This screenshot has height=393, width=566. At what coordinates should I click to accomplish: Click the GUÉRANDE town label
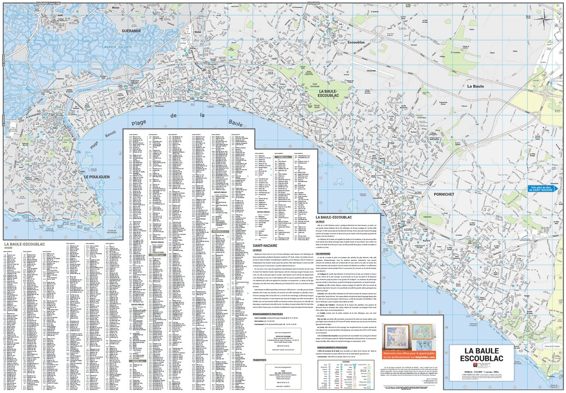tap(131, 31)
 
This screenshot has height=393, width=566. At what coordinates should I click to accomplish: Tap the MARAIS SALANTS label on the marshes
tap(118, 47)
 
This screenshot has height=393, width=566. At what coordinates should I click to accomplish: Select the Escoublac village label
tap(356, 42)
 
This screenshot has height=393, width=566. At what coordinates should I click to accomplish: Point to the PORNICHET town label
tap(444, 194)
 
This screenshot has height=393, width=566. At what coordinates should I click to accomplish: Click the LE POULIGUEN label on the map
tap(97, 177)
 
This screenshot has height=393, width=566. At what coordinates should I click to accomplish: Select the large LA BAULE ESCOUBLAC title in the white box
tap(481, 354)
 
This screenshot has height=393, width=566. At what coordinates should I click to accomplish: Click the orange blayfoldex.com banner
tap(409, 355)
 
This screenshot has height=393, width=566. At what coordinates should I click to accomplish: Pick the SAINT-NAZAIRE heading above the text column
tap(265, 245)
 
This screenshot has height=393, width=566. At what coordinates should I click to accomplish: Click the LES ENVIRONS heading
tap(323, 254)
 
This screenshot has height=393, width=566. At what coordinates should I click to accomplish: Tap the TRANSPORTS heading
tap(260, 360)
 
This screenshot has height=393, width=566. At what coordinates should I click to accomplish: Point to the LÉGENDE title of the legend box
tap(346, 362)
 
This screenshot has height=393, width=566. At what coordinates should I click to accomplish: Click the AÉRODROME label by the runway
tap(371, 71)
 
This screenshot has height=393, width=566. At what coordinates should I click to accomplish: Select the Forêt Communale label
tap(315, 86)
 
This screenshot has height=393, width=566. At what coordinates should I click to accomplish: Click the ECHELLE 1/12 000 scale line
tap(481, 372)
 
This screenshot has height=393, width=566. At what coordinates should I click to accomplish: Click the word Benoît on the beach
tap(111, 134)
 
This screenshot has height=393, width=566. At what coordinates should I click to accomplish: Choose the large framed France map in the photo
tap(396, 337)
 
